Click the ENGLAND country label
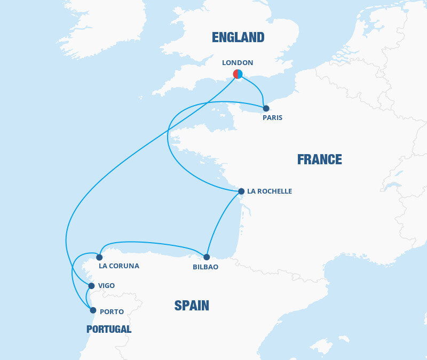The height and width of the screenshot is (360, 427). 238,37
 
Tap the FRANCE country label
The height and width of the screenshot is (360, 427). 319,159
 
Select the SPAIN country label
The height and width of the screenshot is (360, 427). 192,306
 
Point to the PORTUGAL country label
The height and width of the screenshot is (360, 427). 109,329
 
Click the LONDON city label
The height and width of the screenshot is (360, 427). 238,62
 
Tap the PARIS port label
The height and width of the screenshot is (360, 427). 272,118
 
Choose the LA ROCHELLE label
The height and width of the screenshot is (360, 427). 270,191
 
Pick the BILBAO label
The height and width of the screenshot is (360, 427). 205,267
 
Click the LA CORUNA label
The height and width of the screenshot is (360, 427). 119,266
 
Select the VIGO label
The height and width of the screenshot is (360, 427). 107,286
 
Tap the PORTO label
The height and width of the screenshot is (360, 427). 112,311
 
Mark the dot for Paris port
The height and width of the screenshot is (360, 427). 266,108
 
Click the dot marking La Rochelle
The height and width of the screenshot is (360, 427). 241,191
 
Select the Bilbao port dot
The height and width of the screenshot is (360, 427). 207,257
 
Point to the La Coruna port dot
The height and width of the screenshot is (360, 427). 99,257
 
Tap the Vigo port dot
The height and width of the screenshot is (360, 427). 91,286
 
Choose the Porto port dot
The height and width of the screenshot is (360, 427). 93,310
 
